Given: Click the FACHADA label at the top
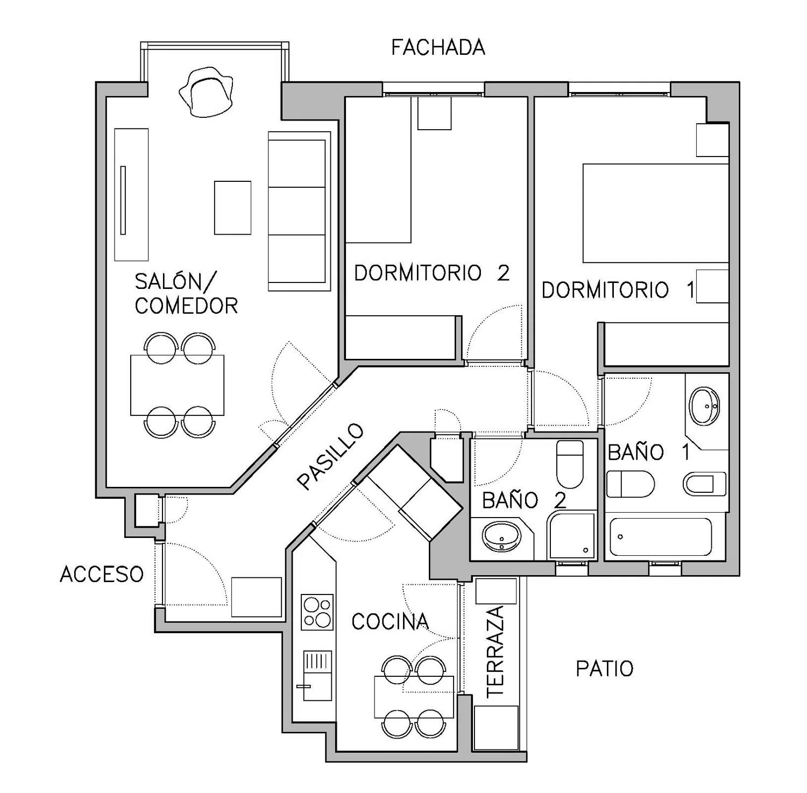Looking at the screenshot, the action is click(438, 47).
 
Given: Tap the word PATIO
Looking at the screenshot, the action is click(605, 669).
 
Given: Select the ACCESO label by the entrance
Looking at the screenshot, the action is click(102, 574).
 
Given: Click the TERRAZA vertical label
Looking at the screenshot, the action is click(495, 652).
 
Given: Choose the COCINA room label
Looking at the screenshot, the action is click(390, 621).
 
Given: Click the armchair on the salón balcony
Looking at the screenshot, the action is click(207, 91).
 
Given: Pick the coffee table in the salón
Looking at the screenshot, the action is click(232, 208).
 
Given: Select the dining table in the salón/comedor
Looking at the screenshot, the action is click(178, 385).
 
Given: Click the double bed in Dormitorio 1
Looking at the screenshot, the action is click(656, 213).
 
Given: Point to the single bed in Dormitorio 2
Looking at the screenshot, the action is click(378, 169).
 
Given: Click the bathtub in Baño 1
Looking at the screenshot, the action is click(661, 536).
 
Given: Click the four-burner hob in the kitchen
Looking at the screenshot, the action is click(317, 612).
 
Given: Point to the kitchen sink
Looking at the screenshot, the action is click(317, 675).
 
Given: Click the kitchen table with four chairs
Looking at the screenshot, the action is click(415, 697).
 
